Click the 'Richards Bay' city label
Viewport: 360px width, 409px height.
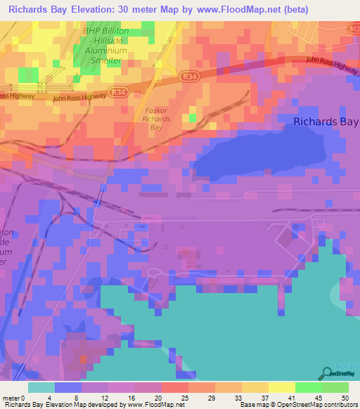[x=325, y=121]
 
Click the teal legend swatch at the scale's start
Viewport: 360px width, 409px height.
[x=41, y=387]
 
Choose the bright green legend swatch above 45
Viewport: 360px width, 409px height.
[x=309, y=387]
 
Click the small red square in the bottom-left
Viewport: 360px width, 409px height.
[x=83, y=359]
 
